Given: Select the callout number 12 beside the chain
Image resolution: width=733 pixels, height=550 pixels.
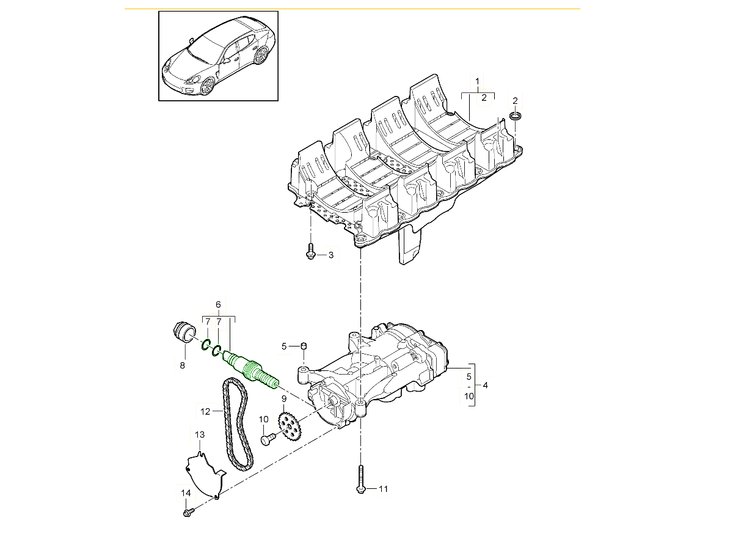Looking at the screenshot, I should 205,411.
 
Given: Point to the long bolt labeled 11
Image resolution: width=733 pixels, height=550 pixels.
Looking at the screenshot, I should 360,477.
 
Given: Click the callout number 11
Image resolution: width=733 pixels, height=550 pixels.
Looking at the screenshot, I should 383,488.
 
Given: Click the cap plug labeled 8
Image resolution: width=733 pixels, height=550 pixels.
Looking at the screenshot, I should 181,332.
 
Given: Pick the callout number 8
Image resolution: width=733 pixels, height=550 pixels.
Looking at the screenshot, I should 181,365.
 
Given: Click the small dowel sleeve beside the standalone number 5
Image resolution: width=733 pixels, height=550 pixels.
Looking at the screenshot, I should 304,346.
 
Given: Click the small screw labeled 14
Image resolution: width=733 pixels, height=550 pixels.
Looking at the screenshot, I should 189,512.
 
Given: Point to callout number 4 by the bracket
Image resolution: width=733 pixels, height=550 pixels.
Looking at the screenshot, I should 485,385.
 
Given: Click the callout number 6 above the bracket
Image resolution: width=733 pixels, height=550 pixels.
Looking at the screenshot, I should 218,304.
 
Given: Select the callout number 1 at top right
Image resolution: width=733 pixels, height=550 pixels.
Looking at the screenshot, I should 478,81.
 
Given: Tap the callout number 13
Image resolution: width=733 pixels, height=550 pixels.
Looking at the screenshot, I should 200,435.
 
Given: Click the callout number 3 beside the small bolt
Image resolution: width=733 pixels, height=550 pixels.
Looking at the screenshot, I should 331,255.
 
